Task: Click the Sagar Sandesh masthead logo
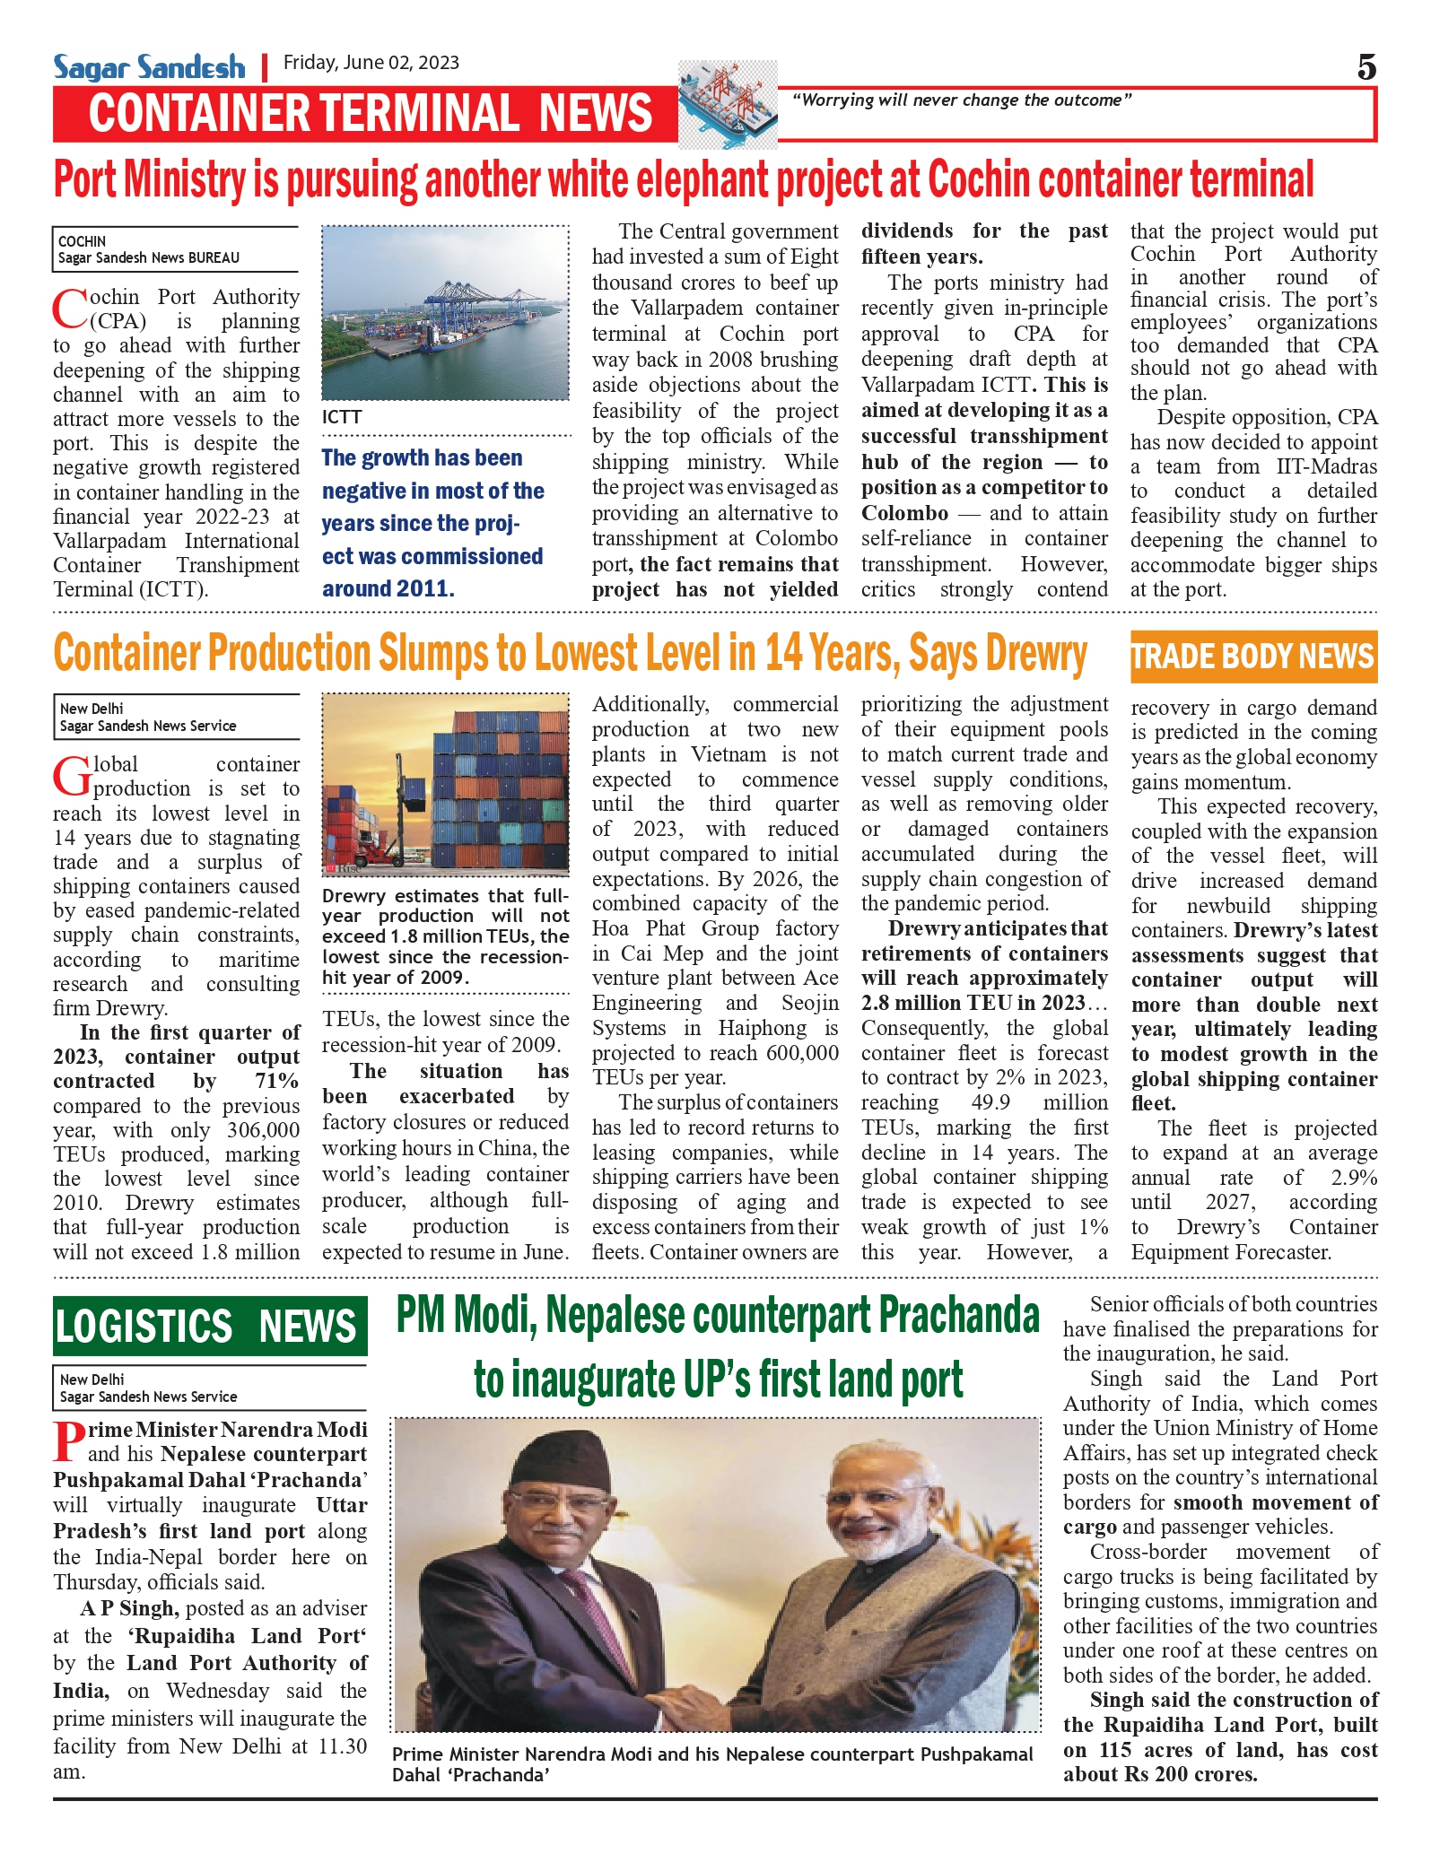pos(149,66)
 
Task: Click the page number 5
pos(1366,67)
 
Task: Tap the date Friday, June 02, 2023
pos(371,63)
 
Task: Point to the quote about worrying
pos(961,100)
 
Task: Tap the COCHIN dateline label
pos(83,241)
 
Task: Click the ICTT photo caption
pos(342,417)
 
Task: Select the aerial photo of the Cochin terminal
pos(445,312)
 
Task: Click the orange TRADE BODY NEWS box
pos(1252,657)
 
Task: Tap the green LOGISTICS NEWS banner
pos(210,1326)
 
